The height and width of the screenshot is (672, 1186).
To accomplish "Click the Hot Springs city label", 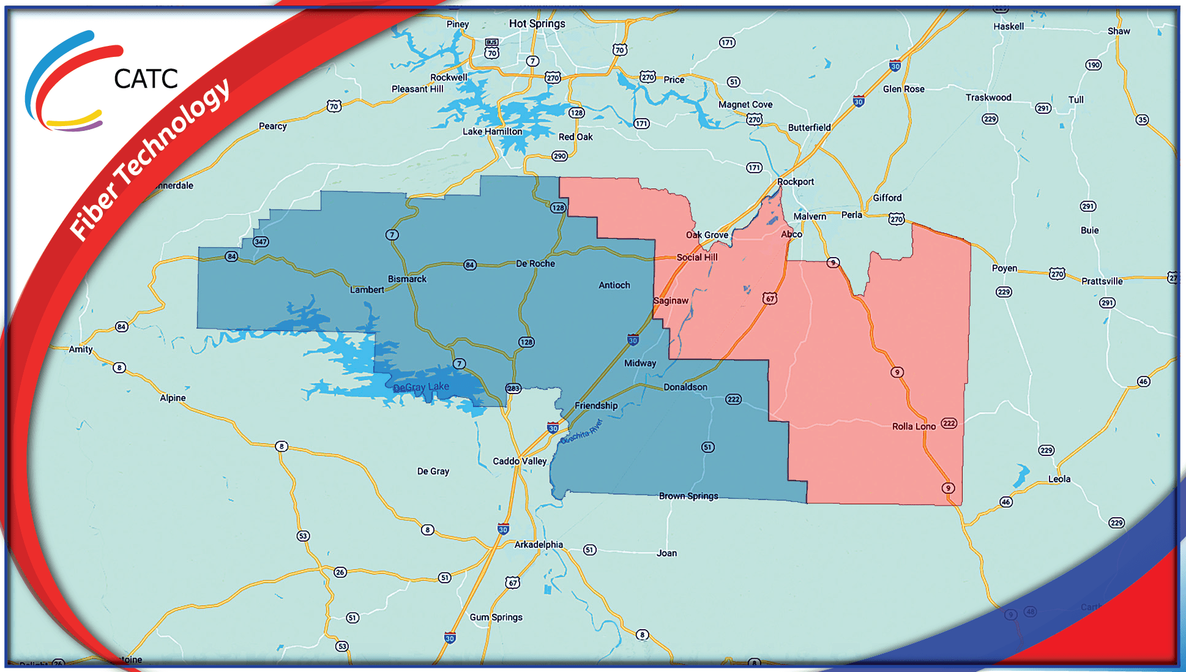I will click(537, 24).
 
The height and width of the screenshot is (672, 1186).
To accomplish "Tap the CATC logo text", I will click(146, 79).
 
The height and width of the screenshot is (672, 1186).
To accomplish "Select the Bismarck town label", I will click(407, 279).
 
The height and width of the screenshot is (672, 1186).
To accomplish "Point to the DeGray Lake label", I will click(421, 387).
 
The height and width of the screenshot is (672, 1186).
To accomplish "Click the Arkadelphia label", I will click(539, 545).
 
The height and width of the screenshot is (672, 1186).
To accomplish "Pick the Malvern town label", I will click(810, 217).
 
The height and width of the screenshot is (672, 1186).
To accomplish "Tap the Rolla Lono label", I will click(914, 427).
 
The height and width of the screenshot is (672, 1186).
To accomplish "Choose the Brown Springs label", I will click(688, 496).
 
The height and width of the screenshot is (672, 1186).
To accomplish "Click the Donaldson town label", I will click(685, 387).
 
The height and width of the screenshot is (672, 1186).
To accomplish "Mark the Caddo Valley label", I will click(520, 461).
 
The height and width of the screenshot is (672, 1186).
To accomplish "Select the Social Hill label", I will click(697, 257).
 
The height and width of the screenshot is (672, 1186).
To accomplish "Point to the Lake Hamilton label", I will click(492, 132).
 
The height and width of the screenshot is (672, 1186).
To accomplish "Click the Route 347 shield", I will click(261, 242).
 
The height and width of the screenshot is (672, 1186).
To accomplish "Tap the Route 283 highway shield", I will click(513, 389).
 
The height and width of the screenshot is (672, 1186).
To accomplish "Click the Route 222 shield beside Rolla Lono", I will click(949, 424).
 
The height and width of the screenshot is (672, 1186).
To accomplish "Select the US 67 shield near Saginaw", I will click(770, 299).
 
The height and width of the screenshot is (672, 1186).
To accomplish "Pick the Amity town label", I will click(81, 349).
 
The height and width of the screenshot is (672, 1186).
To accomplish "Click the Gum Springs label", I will click(496, 617).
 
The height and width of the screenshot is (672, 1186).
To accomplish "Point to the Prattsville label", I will click(1102, 282).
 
